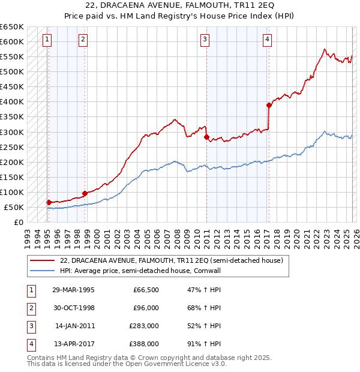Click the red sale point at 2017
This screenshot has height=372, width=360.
tap(269, 105)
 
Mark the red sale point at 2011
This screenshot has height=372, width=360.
tap(206, 137)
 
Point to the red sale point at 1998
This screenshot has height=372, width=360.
tap(85, 193)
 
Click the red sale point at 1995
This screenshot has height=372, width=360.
tap(49, 202)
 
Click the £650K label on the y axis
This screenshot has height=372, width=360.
tap(12, 27)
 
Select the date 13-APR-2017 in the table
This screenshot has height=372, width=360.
tap(74, 344)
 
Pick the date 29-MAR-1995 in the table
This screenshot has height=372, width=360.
tap(74, 290)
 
